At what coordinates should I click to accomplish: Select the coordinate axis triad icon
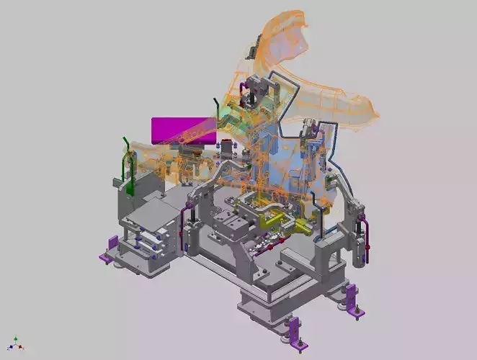click(x=15, y=343)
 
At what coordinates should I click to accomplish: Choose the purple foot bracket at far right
click(x=353, y=299)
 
